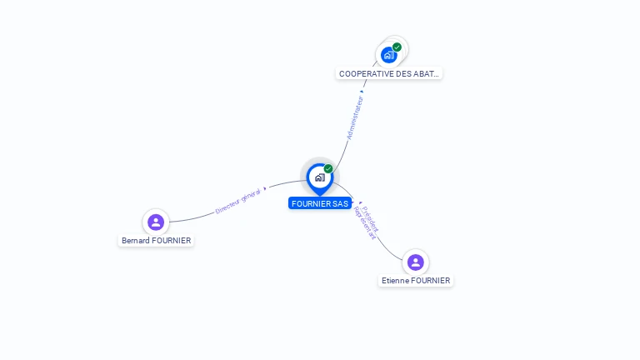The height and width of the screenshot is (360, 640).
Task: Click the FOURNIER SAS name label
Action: [x=320, y=203]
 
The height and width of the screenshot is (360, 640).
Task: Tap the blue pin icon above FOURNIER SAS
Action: [x=319, y=177]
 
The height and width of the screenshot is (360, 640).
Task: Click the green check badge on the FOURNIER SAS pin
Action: [x=328, y=169]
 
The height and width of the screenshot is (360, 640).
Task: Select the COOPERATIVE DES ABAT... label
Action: [x=389, y=73]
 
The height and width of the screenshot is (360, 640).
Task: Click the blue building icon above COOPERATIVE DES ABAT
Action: [x=388, y=55]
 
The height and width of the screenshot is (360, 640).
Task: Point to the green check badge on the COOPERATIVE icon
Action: [x=397, y=47]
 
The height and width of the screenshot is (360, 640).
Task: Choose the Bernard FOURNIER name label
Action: [x=156, y=241]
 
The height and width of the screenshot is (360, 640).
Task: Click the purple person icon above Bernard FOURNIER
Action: [x=155, y=222]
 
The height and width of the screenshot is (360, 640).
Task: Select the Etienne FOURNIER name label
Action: [x=416, y=281]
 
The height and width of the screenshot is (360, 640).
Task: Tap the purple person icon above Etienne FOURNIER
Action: [x=416, y=262]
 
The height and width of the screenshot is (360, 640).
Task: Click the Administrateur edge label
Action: [x=355, y=117]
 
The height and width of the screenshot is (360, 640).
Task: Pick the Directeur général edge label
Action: [x=237, y=201]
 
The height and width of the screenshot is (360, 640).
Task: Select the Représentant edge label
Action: [x=365, y=223]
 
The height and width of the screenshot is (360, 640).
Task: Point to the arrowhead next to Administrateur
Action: [x=362, y=92]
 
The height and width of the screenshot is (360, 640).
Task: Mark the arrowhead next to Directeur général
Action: [x=265, y=189]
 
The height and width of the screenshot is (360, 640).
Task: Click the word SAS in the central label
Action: [x=340, y=203]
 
